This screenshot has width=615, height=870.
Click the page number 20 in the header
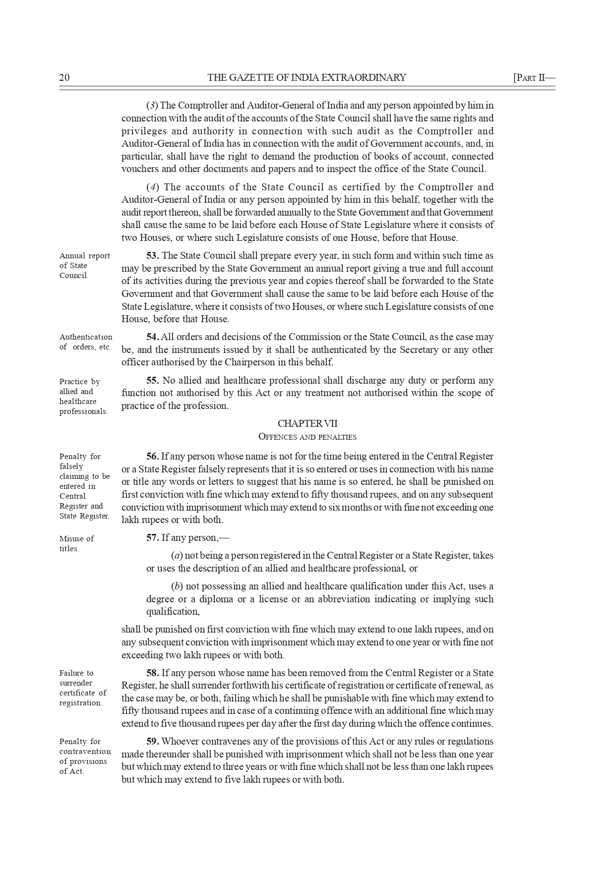point(64,78)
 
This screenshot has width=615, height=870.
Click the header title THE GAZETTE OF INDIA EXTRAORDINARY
point(307,78)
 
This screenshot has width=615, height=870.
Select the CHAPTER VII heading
point(307,424)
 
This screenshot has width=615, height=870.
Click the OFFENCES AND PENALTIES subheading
point(307,437)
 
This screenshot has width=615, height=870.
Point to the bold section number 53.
point(153,256)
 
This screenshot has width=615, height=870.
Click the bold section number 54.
point(153,337)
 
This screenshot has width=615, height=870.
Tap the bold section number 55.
point(153,381)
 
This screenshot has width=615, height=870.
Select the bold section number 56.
point(153,456)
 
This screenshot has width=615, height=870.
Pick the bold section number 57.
point(153,538)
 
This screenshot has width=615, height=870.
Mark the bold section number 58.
point(153,673)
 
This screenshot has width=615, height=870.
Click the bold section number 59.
point(153,742)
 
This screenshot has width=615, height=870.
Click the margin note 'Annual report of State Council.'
point(84,266)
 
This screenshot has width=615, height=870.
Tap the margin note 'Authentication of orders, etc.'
point(86,342)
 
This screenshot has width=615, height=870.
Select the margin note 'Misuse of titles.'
point(76,543)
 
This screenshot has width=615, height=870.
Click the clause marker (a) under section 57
point(177,556)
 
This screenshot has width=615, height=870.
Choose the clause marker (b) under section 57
point(177,586)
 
